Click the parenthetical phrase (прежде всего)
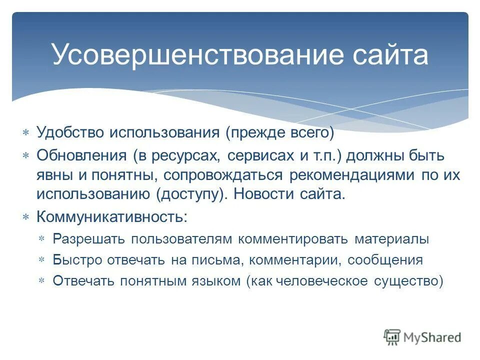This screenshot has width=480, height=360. point(279,132)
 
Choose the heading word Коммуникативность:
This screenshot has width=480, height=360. point(112,217)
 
